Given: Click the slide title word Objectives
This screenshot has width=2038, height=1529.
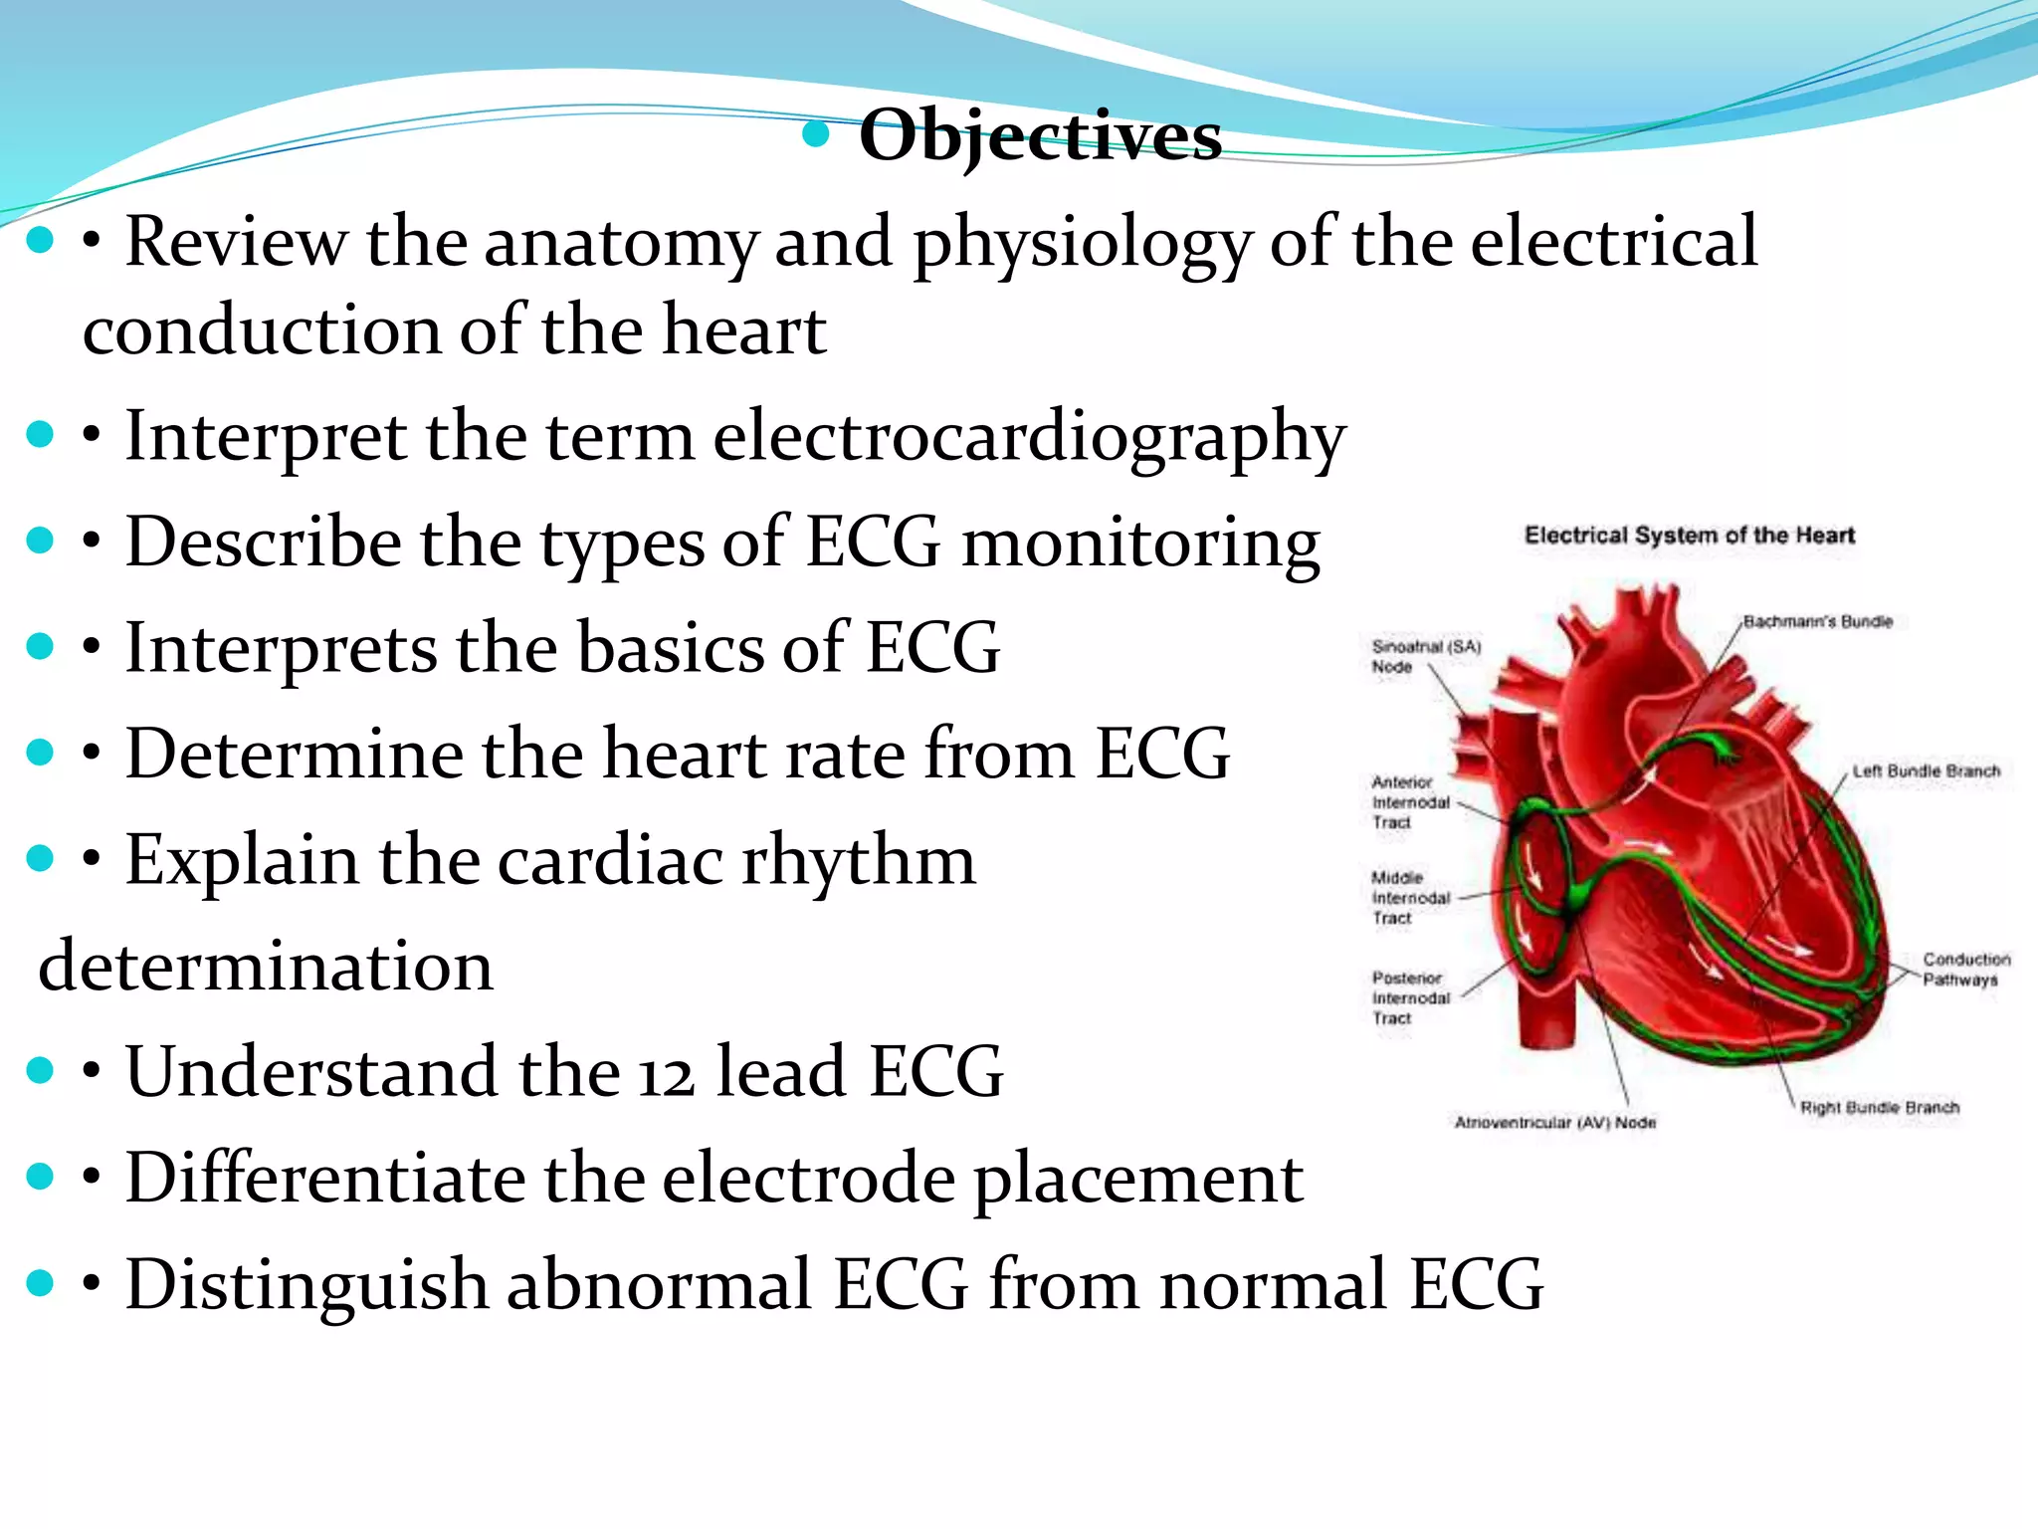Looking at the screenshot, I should pyautogui.click(x=1040, y=135).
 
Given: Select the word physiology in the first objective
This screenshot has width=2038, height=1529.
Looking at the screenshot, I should pyautogui.click(x=1082, y=242).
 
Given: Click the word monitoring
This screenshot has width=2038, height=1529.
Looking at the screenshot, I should pyautogui.click(x=1140, y=543).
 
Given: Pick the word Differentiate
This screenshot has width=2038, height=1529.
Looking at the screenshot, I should pyautogui.click(x=324, y=1179).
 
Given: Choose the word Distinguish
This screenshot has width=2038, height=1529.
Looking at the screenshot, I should pyautogui.click(x=306, y=1284).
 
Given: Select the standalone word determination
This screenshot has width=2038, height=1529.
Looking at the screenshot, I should pyautogui.click(x=266, y=966).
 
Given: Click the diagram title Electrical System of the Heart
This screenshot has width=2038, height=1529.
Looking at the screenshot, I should pyautogui.click(x=1689, y=536).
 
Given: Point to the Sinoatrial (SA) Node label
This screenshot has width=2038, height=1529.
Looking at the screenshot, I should pyautogui.click(x=1425, y=656).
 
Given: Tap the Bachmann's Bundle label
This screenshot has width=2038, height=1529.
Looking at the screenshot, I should pyautogui.click(x=1817, y=621).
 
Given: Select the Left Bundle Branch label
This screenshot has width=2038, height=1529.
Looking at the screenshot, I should pyautogui.click(x=1926, y=770).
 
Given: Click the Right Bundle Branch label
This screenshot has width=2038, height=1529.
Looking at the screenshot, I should pyautogui.click(x=1879, y=1107).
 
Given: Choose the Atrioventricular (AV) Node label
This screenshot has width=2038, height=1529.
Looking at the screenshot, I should pyautogui.click(x=1555, y=1122).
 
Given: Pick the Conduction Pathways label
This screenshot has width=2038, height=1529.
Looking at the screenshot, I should pyautogui.click(x=1965, y=969).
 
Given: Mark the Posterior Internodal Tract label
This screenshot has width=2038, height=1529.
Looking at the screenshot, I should pyautogui.click(x=1410, y=997).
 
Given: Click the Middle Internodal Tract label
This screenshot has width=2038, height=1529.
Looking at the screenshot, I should pyautogui.click(x=1410, y=898).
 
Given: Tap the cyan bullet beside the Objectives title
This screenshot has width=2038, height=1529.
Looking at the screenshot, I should pyautogui.click(x=816, y=134).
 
